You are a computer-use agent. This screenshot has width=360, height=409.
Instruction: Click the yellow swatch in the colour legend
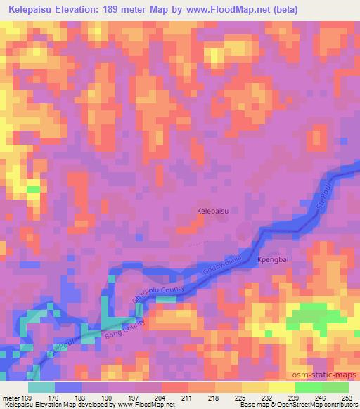point(280,387)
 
